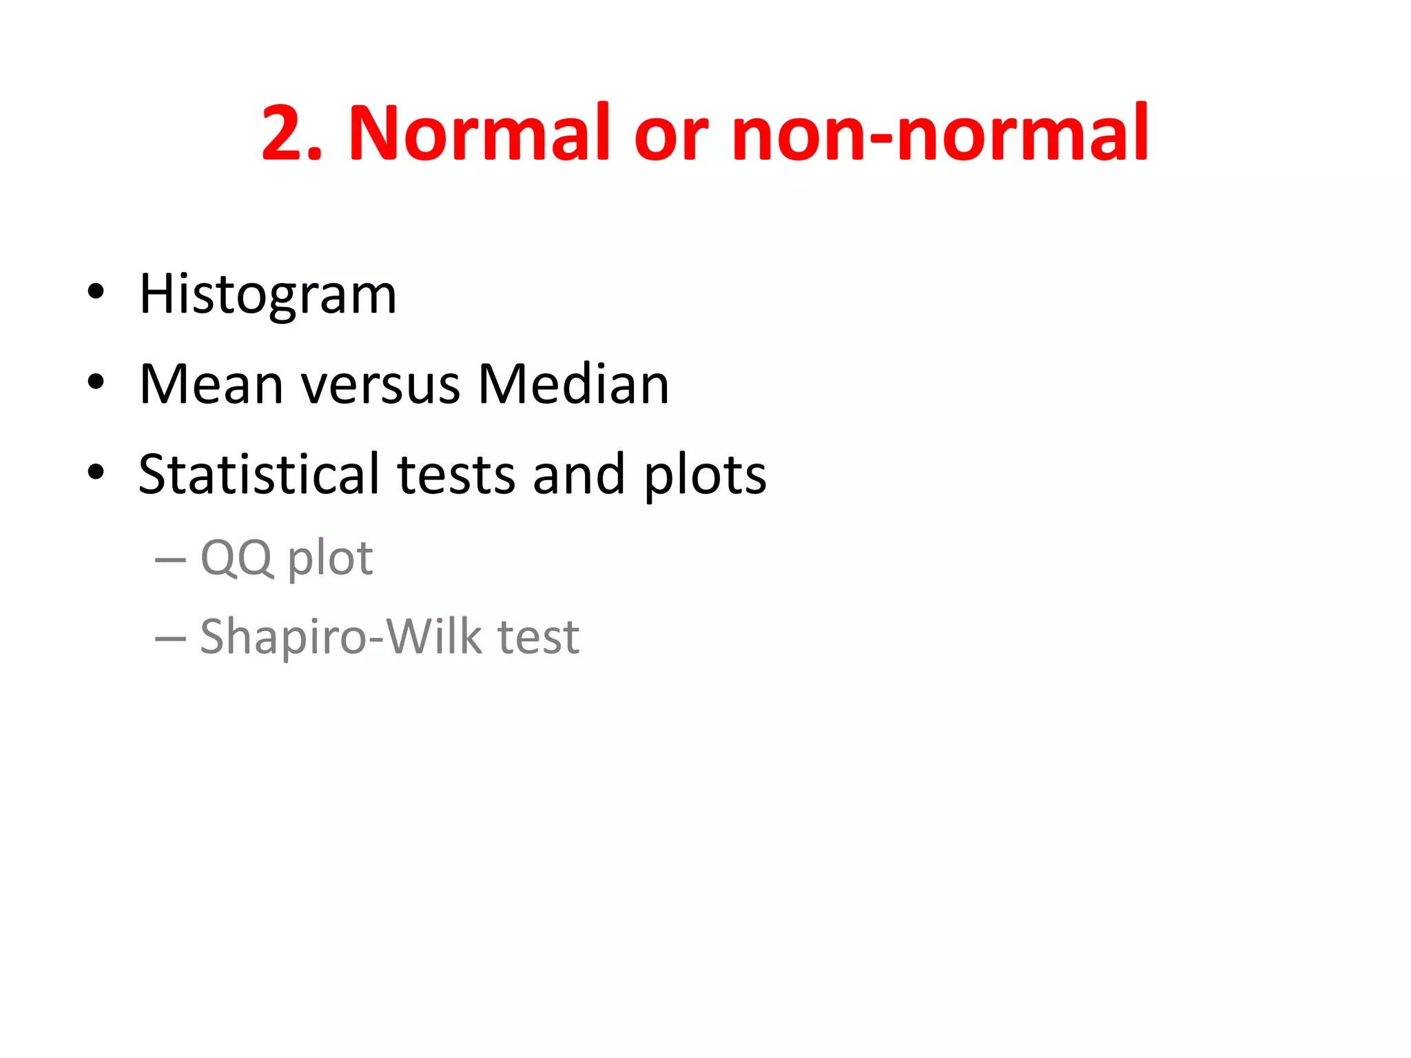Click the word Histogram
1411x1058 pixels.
coord(267,295)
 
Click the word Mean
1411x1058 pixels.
coord(211,384)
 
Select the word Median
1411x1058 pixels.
coord(573,384)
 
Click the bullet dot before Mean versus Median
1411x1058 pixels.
coord(96,382)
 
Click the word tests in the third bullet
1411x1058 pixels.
coord(456,475)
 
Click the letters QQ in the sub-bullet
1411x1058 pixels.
coord(236,559)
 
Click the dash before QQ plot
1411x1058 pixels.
coord(170,560)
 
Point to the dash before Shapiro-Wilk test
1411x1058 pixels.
coord(170,639)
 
